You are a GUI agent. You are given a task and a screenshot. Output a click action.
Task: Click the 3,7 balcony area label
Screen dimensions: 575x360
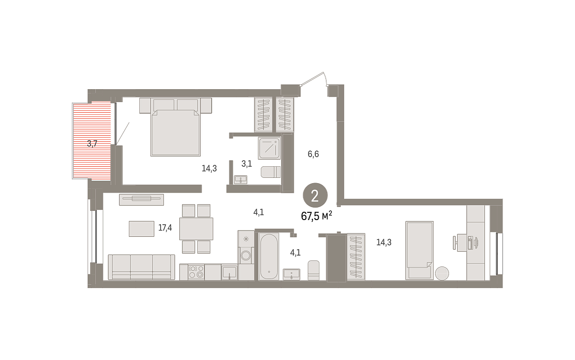(x=92, y=143)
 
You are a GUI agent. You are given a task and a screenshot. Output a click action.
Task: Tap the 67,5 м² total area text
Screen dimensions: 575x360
(x=316, y=216)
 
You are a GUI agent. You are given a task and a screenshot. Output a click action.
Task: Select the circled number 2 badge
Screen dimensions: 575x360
(x=315, y=195)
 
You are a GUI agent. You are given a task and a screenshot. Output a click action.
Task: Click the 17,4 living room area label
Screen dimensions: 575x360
(x=165, y=228)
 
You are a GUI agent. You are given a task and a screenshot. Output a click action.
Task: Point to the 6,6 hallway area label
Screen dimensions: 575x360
(x=313, y=154)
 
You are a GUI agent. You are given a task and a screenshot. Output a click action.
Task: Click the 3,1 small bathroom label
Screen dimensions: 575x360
(x=246, y=163)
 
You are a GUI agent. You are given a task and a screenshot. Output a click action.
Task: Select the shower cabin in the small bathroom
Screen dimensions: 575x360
(x=269, y=148)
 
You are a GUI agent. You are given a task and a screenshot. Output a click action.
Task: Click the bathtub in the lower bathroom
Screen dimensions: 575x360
(x=268, y=256)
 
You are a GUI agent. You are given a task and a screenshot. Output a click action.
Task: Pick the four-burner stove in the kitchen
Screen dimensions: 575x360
(x=196, y=272)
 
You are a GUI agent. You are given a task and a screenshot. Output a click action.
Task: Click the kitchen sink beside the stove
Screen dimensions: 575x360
(x=229, y=272)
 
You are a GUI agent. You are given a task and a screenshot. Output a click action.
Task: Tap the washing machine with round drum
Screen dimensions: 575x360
(x=246, y=255)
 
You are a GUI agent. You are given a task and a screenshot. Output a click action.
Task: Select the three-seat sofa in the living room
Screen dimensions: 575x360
(x=141, y=267)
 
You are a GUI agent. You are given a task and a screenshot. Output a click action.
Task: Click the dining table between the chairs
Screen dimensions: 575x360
(x=196, y=229)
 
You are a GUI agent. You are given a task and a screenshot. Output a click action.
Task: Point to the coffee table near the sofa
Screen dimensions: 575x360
(x=141, y=229)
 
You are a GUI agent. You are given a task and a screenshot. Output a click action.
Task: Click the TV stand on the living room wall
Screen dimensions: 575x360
(x=141, y=199)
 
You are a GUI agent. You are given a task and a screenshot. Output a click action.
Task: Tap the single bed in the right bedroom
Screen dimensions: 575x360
(x=419, y=250)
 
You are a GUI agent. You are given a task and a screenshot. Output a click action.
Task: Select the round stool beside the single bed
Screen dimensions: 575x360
(x=442, y=273)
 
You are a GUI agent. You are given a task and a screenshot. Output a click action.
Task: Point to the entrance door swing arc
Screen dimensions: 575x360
(x=325, y=78)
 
